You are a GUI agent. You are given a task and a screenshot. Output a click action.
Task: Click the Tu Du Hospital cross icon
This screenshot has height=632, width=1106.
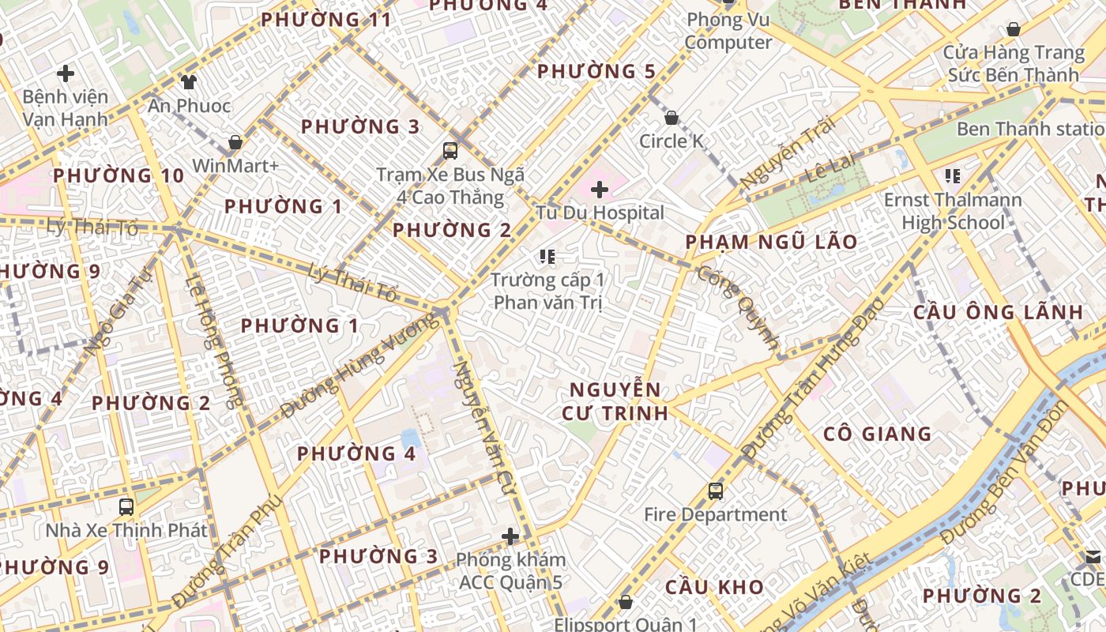tap(600, 190)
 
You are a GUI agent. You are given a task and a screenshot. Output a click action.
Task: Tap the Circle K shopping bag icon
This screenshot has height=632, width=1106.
tap(671, 118)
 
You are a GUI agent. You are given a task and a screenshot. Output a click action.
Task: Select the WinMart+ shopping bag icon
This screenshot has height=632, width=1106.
tap(235, 143)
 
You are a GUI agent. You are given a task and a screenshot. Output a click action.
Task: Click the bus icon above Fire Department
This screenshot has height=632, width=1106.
tap(715, 491)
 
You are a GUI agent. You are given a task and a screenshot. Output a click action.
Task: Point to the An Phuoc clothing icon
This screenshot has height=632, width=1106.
tap(188, 81)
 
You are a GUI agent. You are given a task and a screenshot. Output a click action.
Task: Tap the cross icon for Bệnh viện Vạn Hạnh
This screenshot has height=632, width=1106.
tap(66, 74)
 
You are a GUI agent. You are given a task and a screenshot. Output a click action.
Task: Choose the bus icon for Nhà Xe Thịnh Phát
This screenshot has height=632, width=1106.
tap(126, 506)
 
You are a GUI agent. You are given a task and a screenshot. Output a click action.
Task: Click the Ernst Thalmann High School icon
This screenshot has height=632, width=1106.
tap(952, 175)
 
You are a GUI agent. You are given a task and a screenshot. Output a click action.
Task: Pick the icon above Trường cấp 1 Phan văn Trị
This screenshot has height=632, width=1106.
tap(547, 256)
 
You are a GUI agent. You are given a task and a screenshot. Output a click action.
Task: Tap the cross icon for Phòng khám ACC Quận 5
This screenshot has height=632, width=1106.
tap(510, 537)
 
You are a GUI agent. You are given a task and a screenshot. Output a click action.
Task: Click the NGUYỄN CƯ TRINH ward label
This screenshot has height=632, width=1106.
tap(615, 401)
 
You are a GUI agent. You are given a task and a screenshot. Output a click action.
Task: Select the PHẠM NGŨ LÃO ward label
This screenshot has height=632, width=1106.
tap(771, 242)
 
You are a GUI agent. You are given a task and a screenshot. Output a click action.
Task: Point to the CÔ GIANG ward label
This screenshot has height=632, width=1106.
tap(877, 434)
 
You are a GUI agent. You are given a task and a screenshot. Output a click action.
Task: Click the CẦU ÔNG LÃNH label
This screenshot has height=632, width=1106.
tap(999, 312)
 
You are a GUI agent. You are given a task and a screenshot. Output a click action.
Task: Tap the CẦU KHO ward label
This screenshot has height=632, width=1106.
tap(714, 587)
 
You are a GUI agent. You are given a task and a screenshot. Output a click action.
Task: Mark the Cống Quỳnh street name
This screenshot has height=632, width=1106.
tap(739, 308)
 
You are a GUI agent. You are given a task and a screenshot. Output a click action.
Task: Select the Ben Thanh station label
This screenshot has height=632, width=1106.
tap(1030, 129)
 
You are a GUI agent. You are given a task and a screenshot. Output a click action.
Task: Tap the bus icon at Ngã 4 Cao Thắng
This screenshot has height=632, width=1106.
tap(450, 150)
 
